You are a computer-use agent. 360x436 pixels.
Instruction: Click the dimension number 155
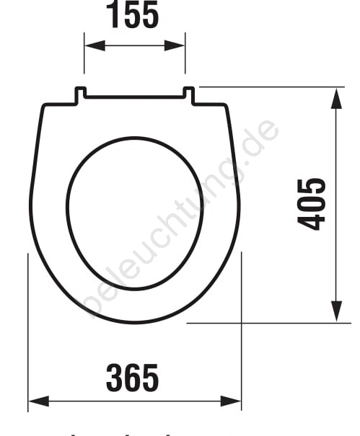click(x=132, y=14)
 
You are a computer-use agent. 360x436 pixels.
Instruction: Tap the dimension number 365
click(x=132, y=378)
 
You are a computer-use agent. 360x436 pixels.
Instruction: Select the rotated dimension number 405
click(x=311, y=204)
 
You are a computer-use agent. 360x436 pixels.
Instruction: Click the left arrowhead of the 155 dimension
click(x=95, y=45)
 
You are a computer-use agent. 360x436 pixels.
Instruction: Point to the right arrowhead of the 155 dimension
click(x=175, y=45)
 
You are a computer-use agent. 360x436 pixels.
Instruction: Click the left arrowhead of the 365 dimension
click(x=39, y=401)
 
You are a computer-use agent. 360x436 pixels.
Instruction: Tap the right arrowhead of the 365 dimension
click(x=231, y=401)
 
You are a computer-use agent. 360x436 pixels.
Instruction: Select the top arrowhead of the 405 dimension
click(x=337, y=99)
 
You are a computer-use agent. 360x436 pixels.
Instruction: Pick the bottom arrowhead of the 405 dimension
click(x=337, y=312)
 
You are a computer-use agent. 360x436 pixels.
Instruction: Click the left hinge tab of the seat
click(x=80, y=96)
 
